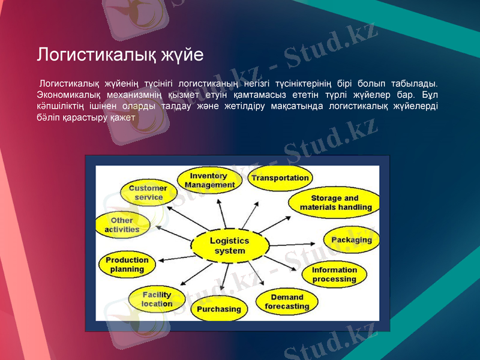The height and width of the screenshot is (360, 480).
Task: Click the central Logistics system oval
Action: [229, 245]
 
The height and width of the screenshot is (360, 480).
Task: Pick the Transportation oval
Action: [280, 178]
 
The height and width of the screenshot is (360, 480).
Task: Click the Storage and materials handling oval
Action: [335, 202]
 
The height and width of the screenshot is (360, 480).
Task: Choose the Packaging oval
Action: [352, 240]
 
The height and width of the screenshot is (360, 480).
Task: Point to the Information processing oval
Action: [334, 274]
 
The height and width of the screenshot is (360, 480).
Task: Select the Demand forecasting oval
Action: [287, 302]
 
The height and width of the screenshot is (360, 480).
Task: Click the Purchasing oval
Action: [218, 310]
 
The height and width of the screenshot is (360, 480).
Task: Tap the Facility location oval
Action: [157, 299]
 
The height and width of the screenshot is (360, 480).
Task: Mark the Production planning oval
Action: [127, 265]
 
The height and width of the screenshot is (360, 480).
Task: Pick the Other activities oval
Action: [122, 224]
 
